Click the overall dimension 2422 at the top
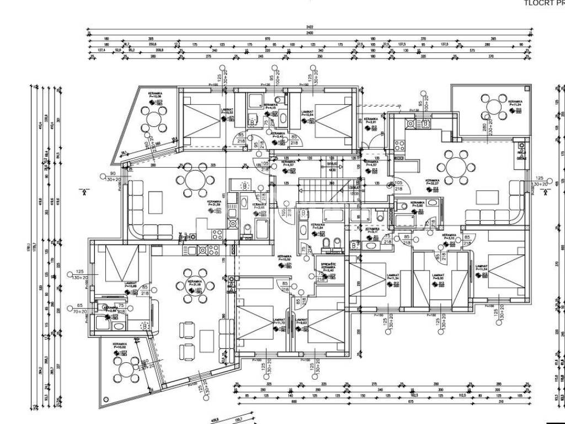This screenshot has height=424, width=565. [x=310, y=27]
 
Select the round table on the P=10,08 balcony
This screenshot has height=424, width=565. [x=154, y=118]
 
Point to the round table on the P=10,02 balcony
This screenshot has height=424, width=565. [x=127, y=368]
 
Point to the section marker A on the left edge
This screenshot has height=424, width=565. [x=84, y=192]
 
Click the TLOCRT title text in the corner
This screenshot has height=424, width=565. [x=543, y=2]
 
